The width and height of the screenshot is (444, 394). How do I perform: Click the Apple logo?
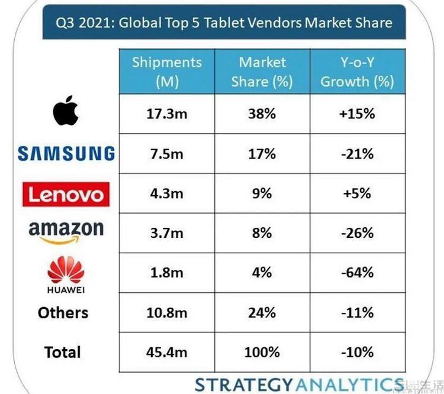(x=65, y=110)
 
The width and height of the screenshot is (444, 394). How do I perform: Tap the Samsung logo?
(x=66, y=154)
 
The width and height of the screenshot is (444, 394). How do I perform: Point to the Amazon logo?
(x=66, y=232)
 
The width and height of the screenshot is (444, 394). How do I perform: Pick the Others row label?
(x=63, y=313)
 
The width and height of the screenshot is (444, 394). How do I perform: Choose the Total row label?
(x=62, y=353)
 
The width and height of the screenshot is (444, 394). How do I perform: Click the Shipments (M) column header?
(x=166, y=72)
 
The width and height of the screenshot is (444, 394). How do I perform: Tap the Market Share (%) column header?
(x=262, y=72)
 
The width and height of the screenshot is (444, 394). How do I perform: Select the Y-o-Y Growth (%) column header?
(x=357, y=72)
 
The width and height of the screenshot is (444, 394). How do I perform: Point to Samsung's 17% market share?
(x=262, y=154)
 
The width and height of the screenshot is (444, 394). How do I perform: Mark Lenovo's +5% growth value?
(x=357, y=193)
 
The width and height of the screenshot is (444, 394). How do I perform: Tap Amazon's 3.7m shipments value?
(x=166, y=233)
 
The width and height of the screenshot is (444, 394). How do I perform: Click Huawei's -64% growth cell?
(x=357, y=273)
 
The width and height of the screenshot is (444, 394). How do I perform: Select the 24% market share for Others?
(x=262, y=313)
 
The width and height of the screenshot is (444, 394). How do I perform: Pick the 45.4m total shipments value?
(x=166, y=353)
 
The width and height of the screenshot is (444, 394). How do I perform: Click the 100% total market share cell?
(x=262, y=353)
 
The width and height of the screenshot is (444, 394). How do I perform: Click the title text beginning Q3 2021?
(x=224, y=24)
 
